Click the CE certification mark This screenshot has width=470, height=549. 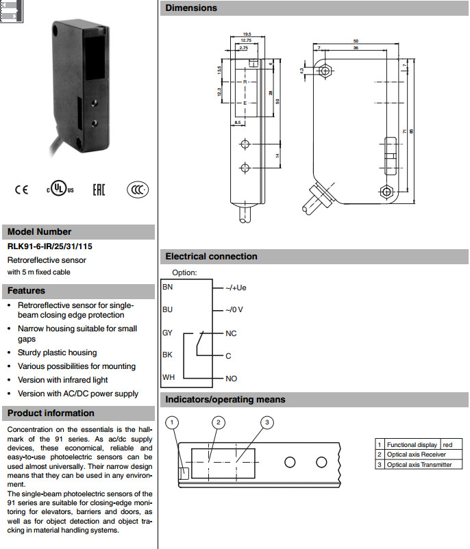22,190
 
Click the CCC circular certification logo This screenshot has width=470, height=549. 137,190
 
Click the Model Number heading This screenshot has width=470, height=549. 39,231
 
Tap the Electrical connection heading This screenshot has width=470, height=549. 211,257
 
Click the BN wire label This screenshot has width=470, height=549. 168,287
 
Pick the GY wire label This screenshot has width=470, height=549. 168,333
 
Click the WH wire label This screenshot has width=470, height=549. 169,377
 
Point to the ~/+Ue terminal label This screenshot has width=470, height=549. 236,288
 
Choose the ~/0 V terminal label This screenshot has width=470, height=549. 234,310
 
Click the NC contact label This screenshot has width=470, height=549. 231,333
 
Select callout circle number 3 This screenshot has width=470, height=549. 267,422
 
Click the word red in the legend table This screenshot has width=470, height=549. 448,445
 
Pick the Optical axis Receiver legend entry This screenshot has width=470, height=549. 417,455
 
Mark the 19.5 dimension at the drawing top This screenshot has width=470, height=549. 247,34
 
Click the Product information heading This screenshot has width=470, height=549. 51,413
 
